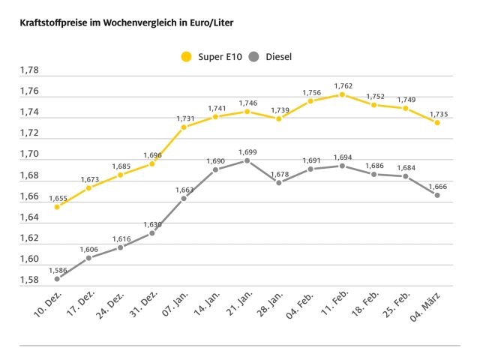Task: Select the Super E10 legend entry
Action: tap(212, 56)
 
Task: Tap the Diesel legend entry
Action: tap(269, 56)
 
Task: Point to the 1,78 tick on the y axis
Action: tap(29, 70)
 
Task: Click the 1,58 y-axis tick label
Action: tap(29, 280)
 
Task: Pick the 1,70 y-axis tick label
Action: tap(29, 154)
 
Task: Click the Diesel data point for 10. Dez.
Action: tap(57, 279)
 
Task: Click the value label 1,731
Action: tap(185, 118)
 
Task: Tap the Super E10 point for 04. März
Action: tap(437, 122)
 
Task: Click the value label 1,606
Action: tap(89, 249)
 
